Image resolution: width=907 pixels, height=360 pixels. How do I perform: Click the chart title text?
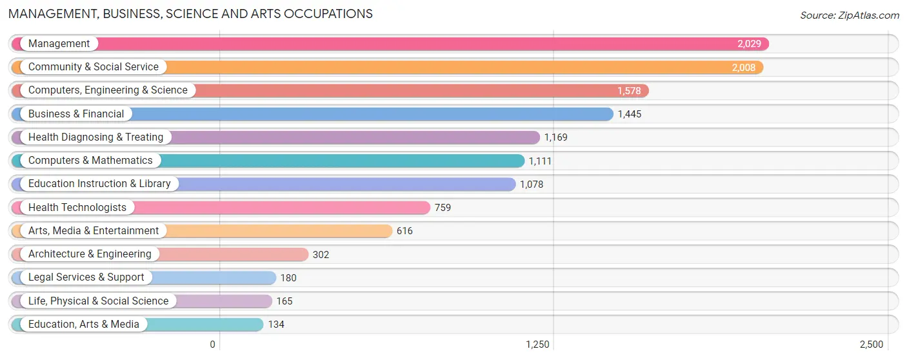(190, 14)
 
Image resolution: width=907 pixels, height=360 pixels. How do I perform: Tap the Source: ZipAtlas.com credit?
(849, 15)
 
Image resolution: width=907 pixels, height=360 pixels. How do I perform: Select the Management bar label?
(59, 44)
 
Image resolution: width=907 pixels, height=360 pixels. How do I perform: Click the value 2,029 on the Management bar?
(749, 45)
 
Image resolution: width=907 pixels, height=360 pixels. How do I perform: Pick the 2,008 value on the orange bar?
(743, 68)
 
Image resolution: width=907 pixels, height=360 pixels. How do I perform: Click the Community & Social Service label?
(93, 67)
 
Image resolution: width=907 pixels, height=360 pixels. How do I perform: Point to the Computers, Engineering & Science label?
(108, 90)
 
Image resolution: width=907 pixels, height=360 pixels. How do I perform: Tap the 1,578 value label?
(629, 91)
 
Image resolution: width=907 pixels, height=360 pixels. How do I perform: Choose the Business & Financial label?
(76, 114)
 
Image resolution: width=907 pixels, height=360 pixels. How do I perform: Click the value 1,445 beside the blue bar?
(629, 114)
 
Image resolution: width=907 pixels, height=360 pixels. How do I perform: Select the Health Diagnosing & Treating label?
(95, 137)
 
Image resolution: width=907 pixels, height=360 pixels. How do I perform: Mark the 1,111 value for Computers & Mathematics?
(540, 161)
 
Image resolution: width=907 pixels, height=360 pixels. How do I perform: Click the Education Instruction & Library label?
(99, 184)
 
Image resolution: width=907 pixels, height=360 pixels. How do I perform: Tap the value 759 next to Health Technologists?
(443, 208)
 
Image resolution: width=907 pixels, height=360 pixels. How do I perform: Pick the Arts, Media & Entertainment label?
(93, 231)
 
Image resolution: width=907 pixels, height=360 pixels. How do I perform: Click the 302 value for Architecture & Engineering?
(321, 255)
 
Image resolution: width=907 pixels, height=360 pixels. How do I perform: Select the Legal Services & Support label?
(86, 277)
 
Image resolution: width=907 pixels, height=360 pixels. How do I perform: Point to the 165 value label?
(284, 301)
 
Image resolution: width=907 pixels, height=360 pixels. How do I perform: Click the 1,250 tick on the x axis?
(537, 345)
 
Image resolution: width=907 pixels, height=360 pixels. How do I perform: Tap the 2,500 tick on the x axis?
(871, 345)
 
